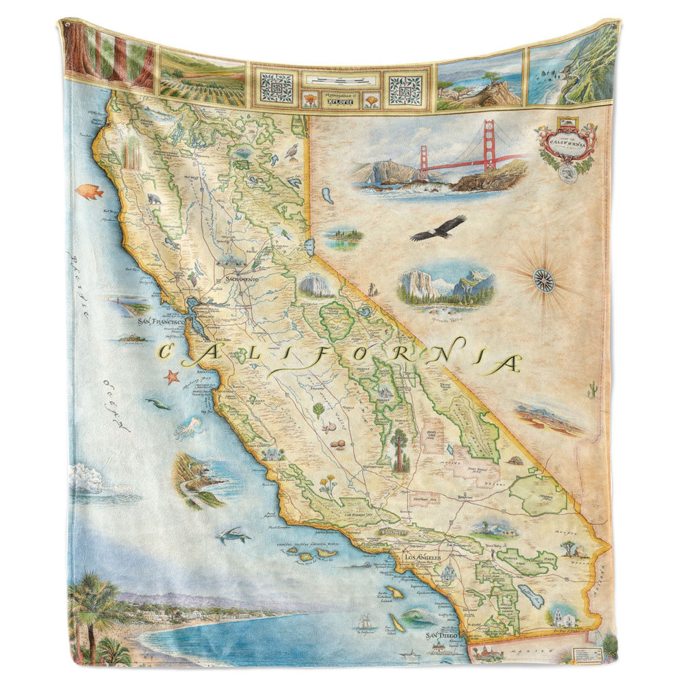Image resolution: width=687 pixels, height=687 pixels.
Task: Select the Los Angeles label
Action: pyautogui.click(x=421, y=556)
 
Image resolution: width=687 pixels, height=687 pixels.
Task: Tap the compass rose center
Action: pyautogui.click(x=543, y=280)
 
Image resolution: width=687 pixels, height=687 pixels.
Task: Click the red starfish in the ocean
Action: pyautogui.click(x=171, y=376)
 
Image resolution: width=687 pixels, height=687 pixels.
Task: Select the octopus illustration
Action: pyautogui.click(x=188, y=428)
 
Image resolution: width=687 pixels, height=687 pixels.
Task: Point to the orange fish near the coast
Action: pyautogui.click(x=89, y=192)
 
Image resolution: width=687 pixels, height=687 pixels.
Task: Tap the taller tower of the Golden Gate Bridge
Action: pyautogui.click(x=489, y=144)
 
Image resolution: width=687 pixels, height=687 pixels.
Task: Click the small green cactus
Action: pyautogui.click(x=592, y=391)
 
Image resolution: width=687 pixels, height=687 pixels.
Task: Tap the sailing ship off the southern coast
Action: pyautogui.click(x=364, y=623)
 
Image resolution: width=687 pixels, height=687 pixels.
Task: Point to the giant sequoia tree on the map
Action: pyautogui.click(x=399, y=450)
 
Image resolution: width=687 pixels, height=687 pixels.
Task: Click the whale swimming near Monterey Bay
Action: pyautogui.click(x=158, y=404)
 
